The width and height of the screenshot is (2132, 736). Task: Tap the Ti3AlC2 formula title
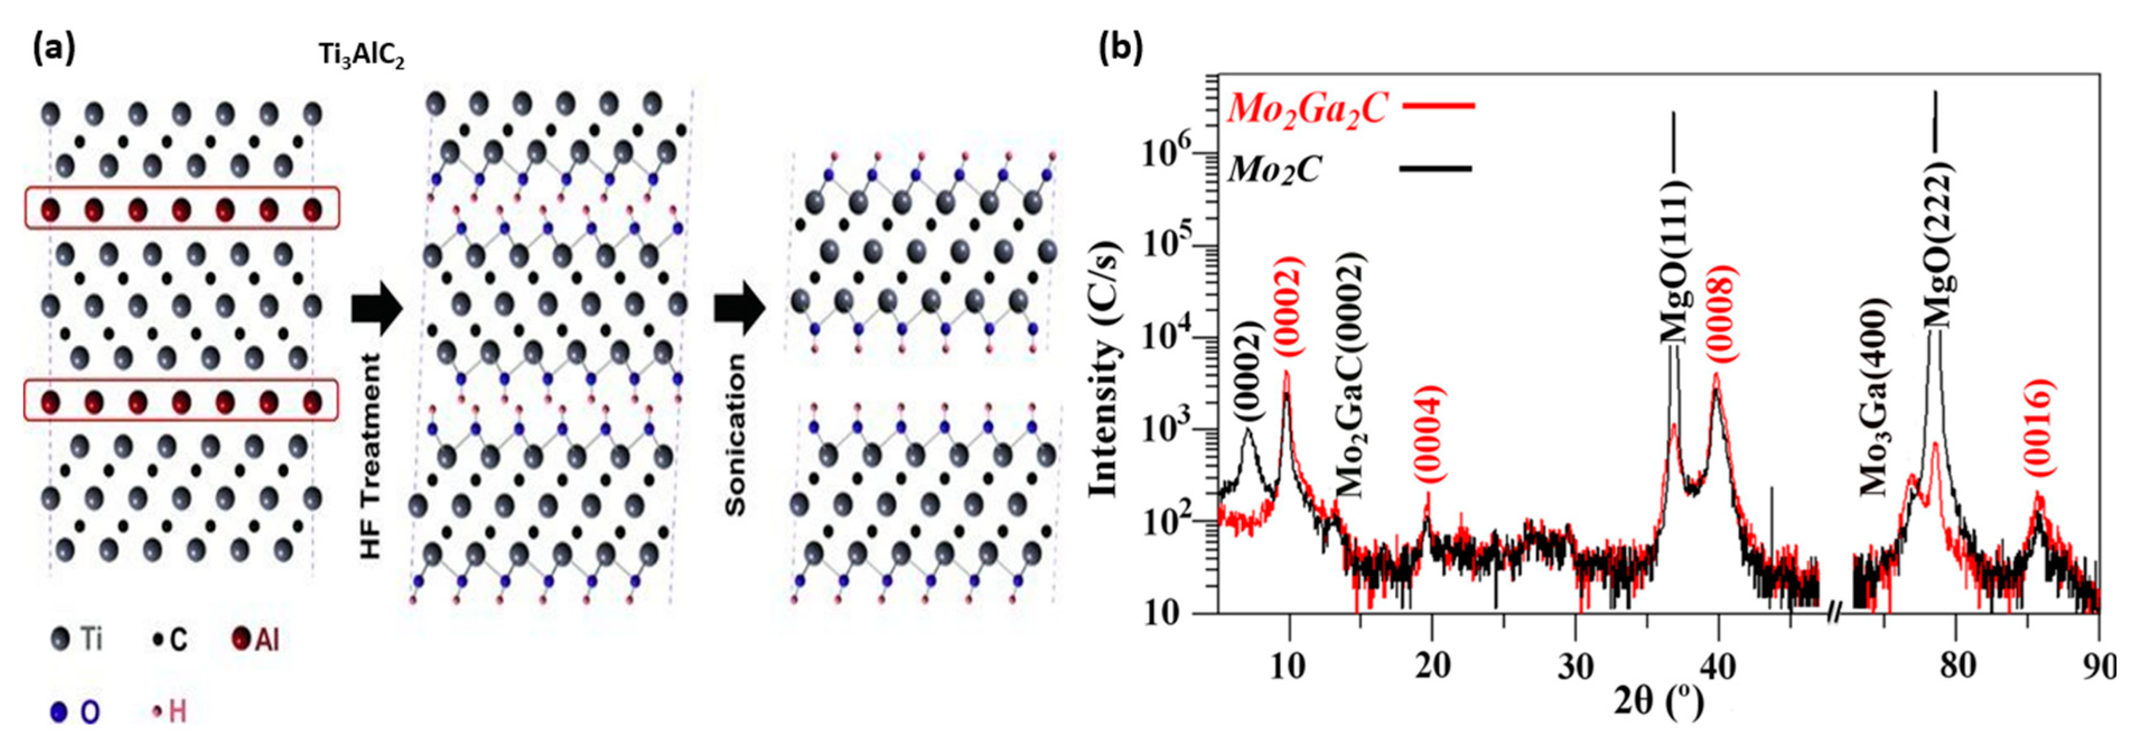[362, 56]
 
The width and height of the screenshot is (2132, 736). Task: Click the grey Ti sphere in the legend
[59, 639]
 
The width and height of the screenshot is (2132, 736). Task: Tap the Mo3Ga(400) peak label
[1874, 397]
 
